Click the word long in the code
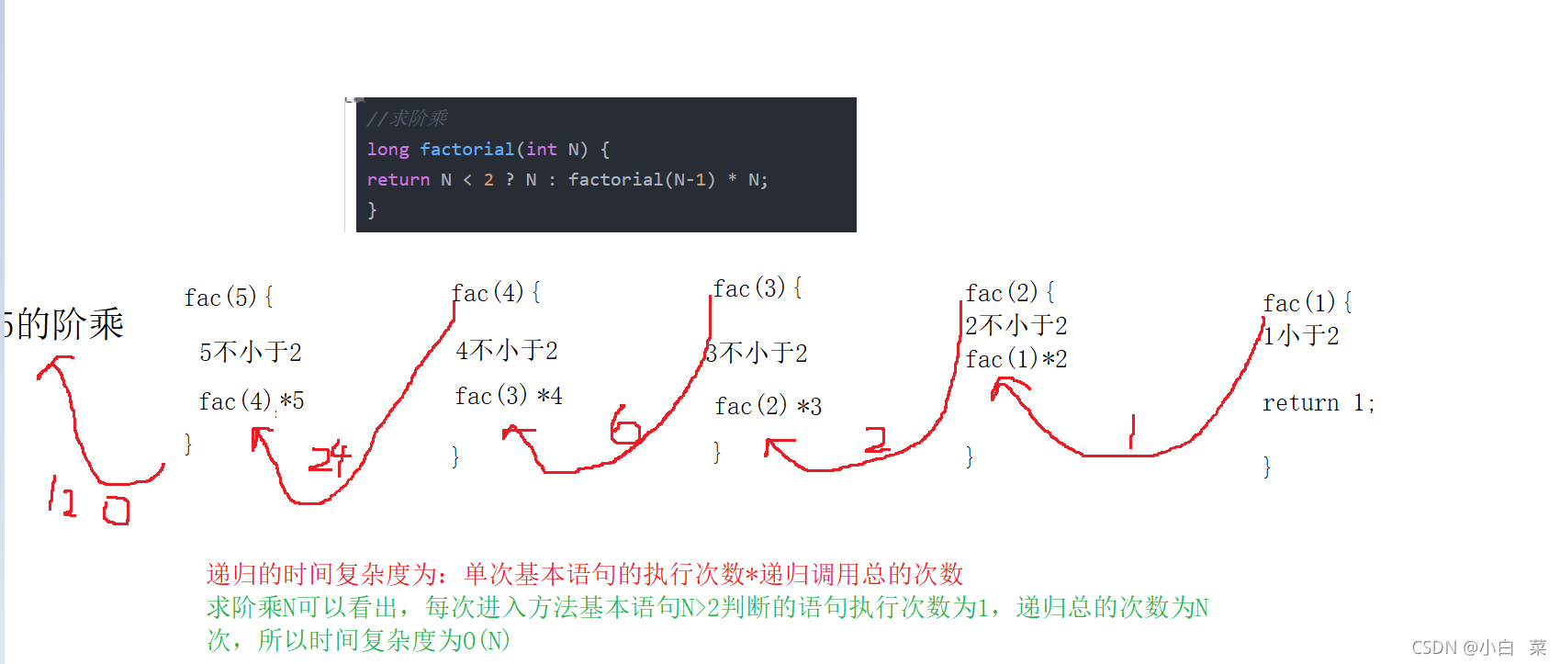pyautogui.click(x=387, y=150)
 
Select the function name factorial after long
pyautogui.click(x=466, y=150)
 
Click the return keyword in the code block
pyautogui.click(x=398, y=180)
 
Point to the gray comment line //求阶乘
pyautogui.click(x=407, y=118)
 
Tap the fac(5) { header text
pyautogui.click(x=228, y=298)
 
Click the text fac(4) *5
pyautogui.click(x=251, y=401)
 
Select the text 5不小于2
pyautogui.click(x=250, y=352)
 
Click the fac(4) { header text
pyautogui.click(x=496, y=293)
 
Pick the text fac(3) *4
pyautogui.click(x=508, y=396)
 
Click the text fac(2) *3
pyautogui.click(x=768, y=406)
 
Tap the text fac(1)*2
pyautogui.click(x=1016, y=359)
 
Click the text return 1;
pyautogui.click(x=1318, y=403)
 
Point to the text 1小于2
pyautogui.click(x=1301, y=336)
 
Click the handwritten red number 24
pyautogui.click(x=330, y=457)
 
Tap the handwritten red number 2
pyautogui.click(x=877, y=440)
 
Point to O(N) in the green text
pyautogui.click(x=487, y=640)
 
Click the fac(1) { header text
pyautogui.click(x=1307, y=303)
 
